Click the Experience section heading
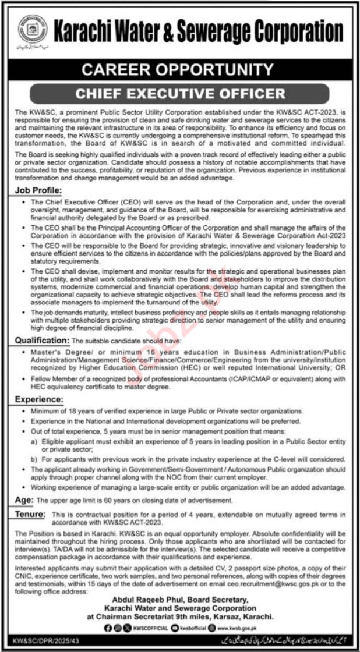pos(38,400)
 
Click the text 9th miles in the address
pos(208,618)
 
